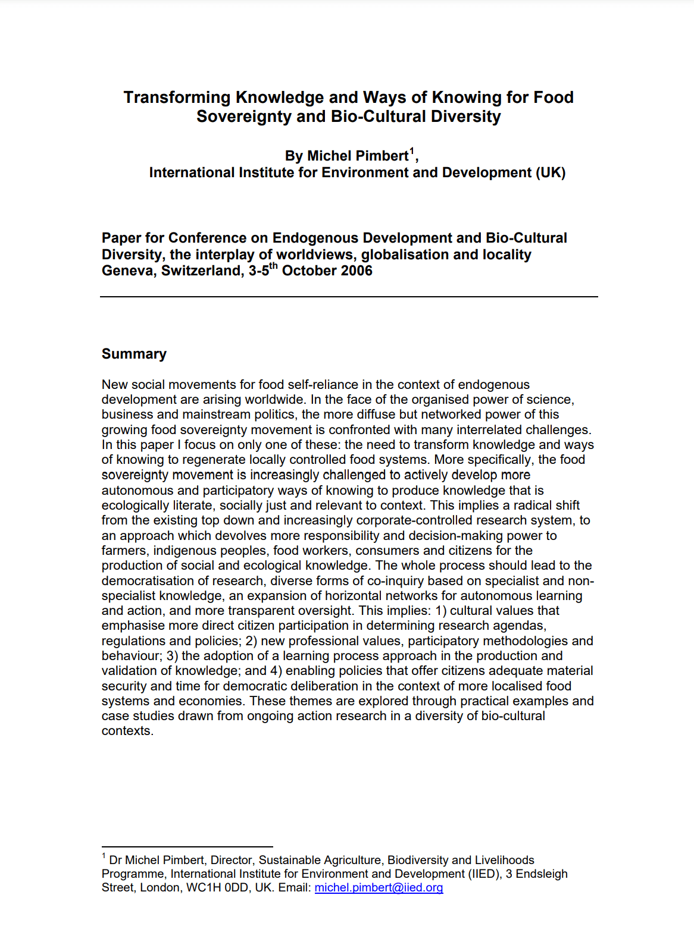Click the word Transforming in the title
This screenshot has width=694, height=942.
tap(177, 98)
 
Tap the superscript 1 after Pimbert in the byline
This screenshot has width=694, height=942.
tap(412, 152)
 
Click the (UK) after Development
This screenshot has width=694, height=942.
tap(551, 173)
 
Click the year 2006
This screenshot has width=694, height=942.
tap(355, 271)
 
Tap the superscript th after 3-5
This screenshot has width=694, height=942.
tap(274, 266)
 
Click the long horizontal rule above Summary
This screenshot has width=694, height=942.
tap(349, 296)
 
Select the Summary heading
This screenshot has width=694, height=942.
tap(134, 354)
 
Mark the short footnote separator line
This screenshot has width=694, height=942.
tap(187, 846)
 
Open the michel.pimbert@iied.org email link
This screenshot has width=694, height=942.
tap(379, 888)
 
